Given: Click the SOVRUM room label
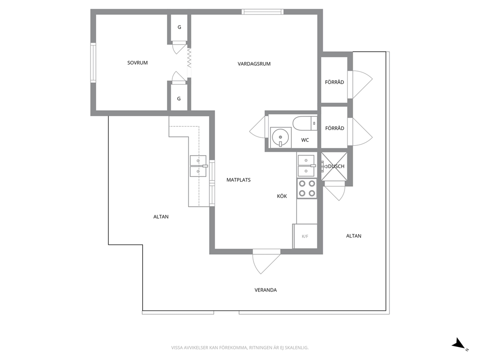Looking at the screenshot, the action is (x=137, y=63).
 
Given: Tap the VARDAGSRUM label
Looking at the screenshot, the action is (x=254, y=64).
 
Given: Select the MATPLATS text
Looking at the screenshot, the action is (x=239, y=180).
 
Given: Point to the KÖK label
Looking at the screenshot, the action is (x=282, y=196).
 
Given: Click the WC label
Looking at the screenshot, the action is (x=305, y=140).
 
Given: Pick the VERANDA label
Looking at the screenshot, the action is (x=266, y=290).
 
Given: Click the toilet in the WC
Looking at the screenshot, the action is (x=305, y=123).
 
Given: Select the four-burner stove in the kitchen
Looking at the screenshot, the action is (x=307, y=188).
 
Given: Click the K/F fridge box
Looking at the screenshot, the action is (x=305, y=236).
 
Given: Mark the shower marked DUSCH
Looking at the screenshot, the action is (x=334, y=166).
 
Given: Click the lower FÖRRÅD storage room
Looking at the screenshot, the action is (x=334, y=127).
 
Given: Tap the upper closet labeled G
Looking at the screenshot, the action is (x=179, y=28).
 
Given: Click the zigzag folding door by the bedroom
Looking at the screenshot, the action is (x=189, y=58).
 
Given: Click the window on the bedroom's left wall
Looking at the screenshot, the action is (x=93, y=63).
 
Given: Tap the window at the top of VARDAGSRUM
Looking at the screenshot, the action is (x=262, y=12).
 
